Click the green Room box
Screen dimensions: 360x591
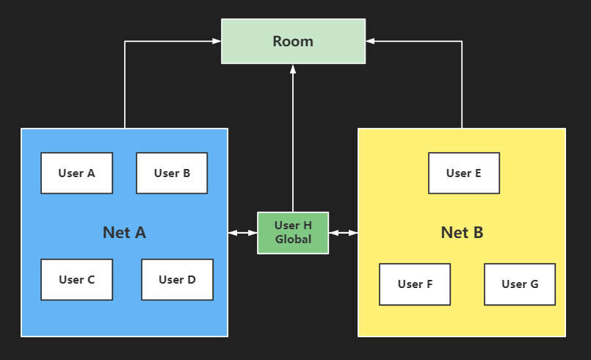[x=293, y=41]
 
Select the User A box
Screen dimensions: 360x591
[x=76, y=173]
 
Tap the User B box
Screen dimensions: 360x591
[x=172, y=173]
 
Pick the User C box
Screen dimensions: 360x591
[x=76, y=279]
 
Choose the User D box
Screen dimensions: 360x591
[x=177, y=279]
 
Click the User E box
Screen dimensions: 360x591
[x=464, y=173]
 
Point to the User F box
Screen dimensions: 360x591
[x=415, y=284]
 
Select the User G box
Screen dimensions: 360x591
[x=520, y=284]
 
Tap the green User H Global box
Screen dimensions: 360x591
[x=293, y=233]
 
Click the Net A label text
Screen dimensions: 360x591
[x=124, y=233]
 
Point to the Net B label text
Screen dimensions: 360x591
[x=462, y=233]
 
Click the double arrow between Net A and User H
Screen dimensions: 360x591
[x=242, y=233]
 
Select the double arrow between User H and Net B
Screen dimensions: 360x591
[x=343, y=233]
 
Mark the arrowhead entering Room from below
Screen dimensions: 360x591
[x=293, y=69]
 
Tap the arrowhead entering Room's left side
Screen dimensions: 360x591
[x=217, y=41]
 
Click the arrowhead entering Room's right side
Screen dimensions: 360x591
[x=370, y=41]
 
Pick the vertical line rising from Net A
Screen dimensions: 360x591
[x=125, y=88]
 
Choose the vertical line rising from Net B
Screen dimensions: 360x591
[x=462, y=88]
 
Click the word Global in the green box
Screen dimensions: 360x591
[x=293, y=240]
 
